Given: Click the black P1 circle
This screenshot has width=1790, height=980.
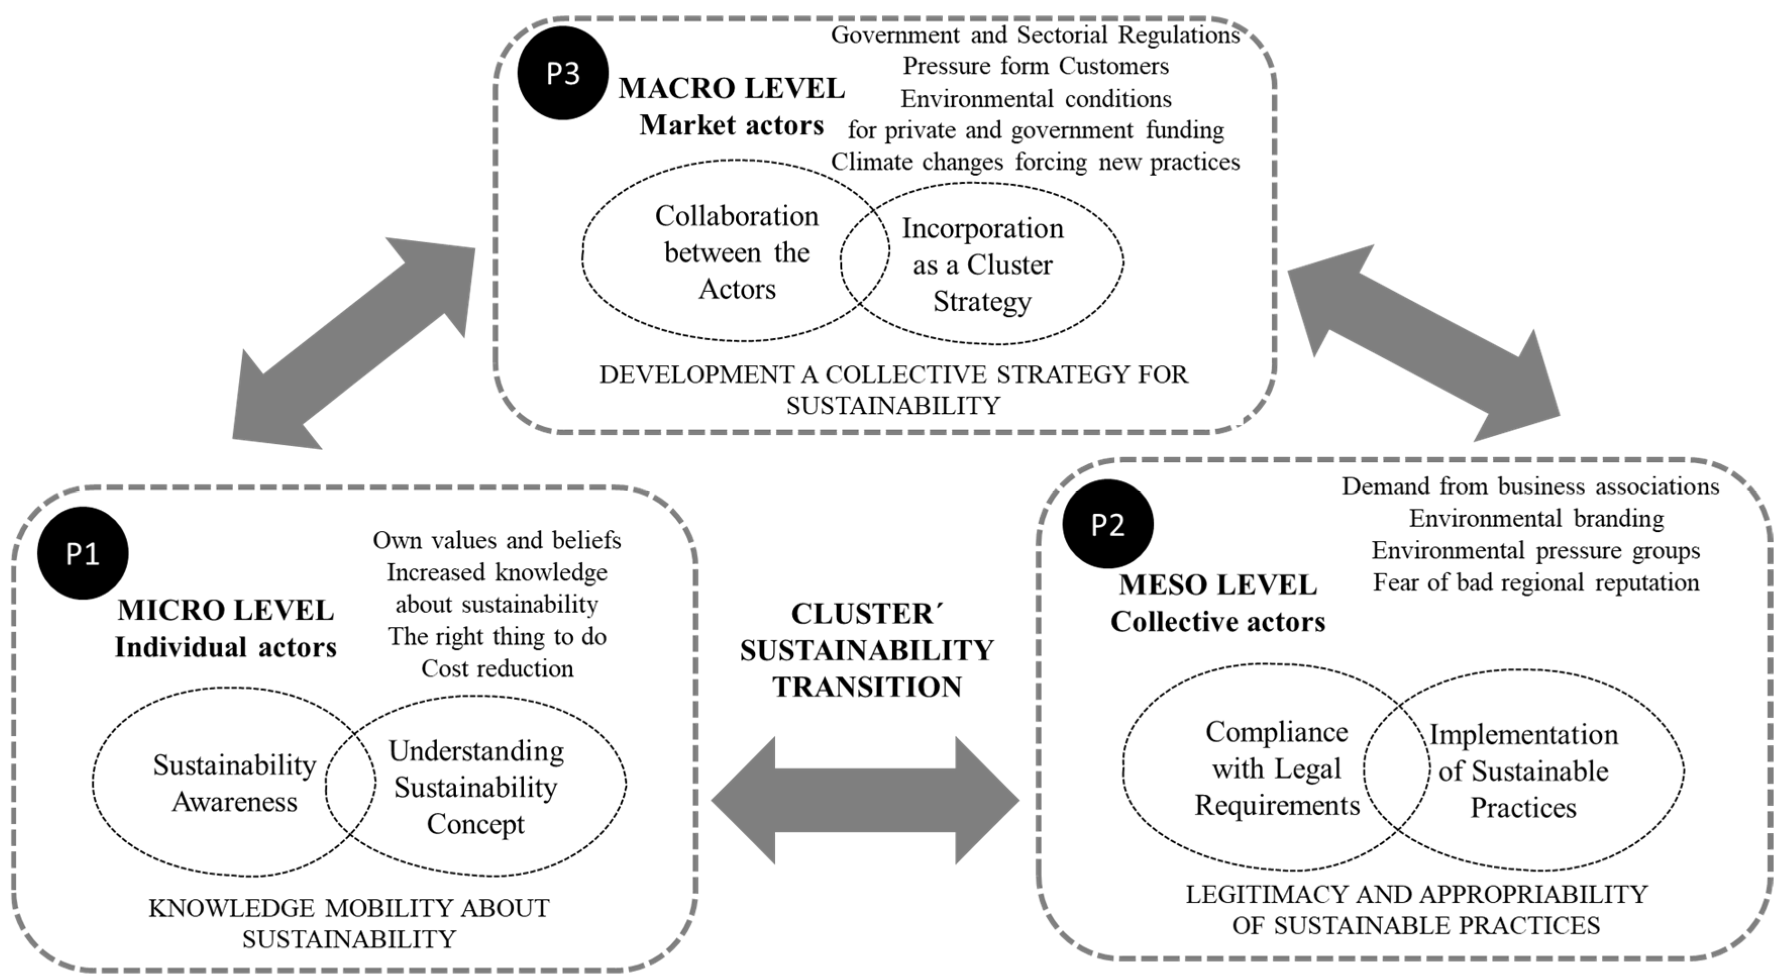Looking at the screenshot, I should [83, 553].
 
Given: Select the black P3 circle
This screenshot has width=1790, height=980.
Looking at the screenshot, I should [562, 73].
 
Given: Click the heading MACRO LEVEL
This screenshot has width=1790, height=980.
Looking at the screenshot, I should [731, 88].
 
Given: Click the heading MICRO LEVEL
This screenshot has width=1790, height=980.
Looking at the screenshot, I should [226, 610].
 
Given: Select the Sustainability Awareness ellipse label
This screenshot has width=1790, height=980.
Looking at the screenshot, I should [234, 783].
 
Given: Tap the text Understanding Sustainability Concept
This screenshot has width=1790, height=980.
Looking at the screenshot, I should [476, 787].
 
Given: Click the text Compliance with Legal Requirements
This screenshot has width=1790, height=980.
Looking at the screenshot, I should [1276, 769].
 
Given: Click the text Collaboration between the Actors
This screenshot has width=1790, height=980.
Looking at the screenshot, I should [737, 252].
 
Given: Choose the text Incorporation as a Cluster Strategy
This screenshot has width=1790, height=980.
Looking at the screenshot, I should [982, 265].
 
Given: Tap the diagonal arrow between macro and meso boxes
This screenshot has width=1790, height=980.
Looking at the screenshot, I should [1423, 343].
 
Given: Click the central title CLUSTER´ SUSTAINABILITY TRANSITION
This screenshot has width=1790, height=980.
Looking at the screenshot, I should [866, 650].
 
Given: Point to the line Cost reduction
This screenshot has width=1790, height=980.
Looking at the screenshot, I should [497, 668].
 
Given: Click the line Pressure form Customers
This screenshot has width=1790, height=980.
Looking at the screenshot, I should [1036, 66].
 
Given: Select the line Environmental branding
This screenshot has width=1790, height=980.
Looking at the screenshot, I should [1536, 518].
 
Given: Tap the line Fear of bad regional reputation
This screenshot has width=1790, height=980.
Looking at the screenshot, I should [1536, 582].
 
